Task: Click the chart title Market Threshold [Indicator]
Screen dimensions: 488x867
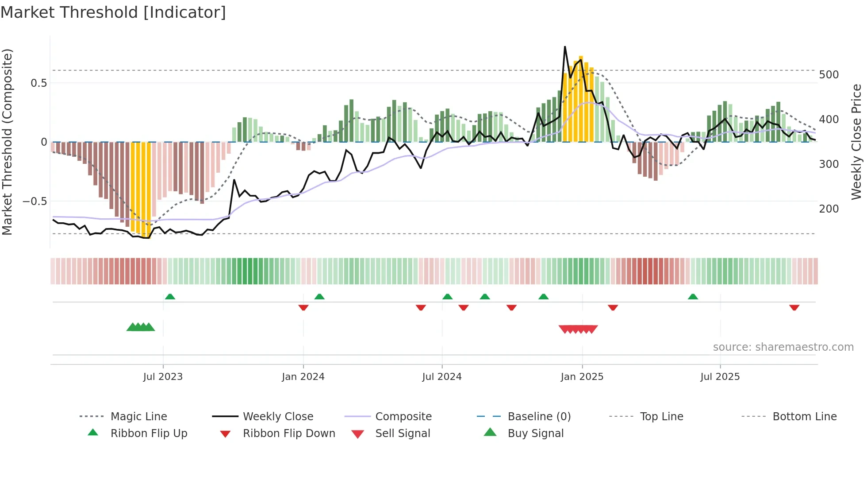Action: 113,12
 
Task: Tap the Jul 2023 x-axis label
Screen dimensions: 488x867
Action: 163,377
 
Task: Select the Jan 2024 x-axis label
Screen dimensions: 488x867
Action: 303,377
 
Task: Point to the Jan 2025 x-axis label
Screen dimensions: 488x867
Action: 582,377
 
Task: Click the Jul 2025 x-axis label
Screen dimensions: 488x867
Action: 720,377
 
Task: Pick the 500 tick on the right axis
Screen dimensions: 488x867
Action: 829,75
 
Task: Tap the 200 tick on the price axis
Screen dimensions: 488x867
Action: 829,209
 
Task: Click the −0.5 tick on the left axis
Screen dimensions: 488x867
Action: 35,201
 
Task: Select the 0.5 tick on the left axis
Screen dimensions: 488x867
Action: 38,83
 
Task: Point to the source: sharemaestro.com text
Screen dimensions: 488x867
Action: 783,347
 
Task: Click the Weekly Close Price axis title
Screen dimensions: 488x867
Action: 856,142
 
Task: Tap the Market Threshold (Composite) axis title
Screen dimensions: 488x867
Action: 8,142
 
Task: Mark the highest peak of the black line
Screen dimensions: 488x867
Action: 565,46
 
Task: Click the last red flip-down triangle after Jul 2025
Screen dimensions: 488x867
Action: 794,307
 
